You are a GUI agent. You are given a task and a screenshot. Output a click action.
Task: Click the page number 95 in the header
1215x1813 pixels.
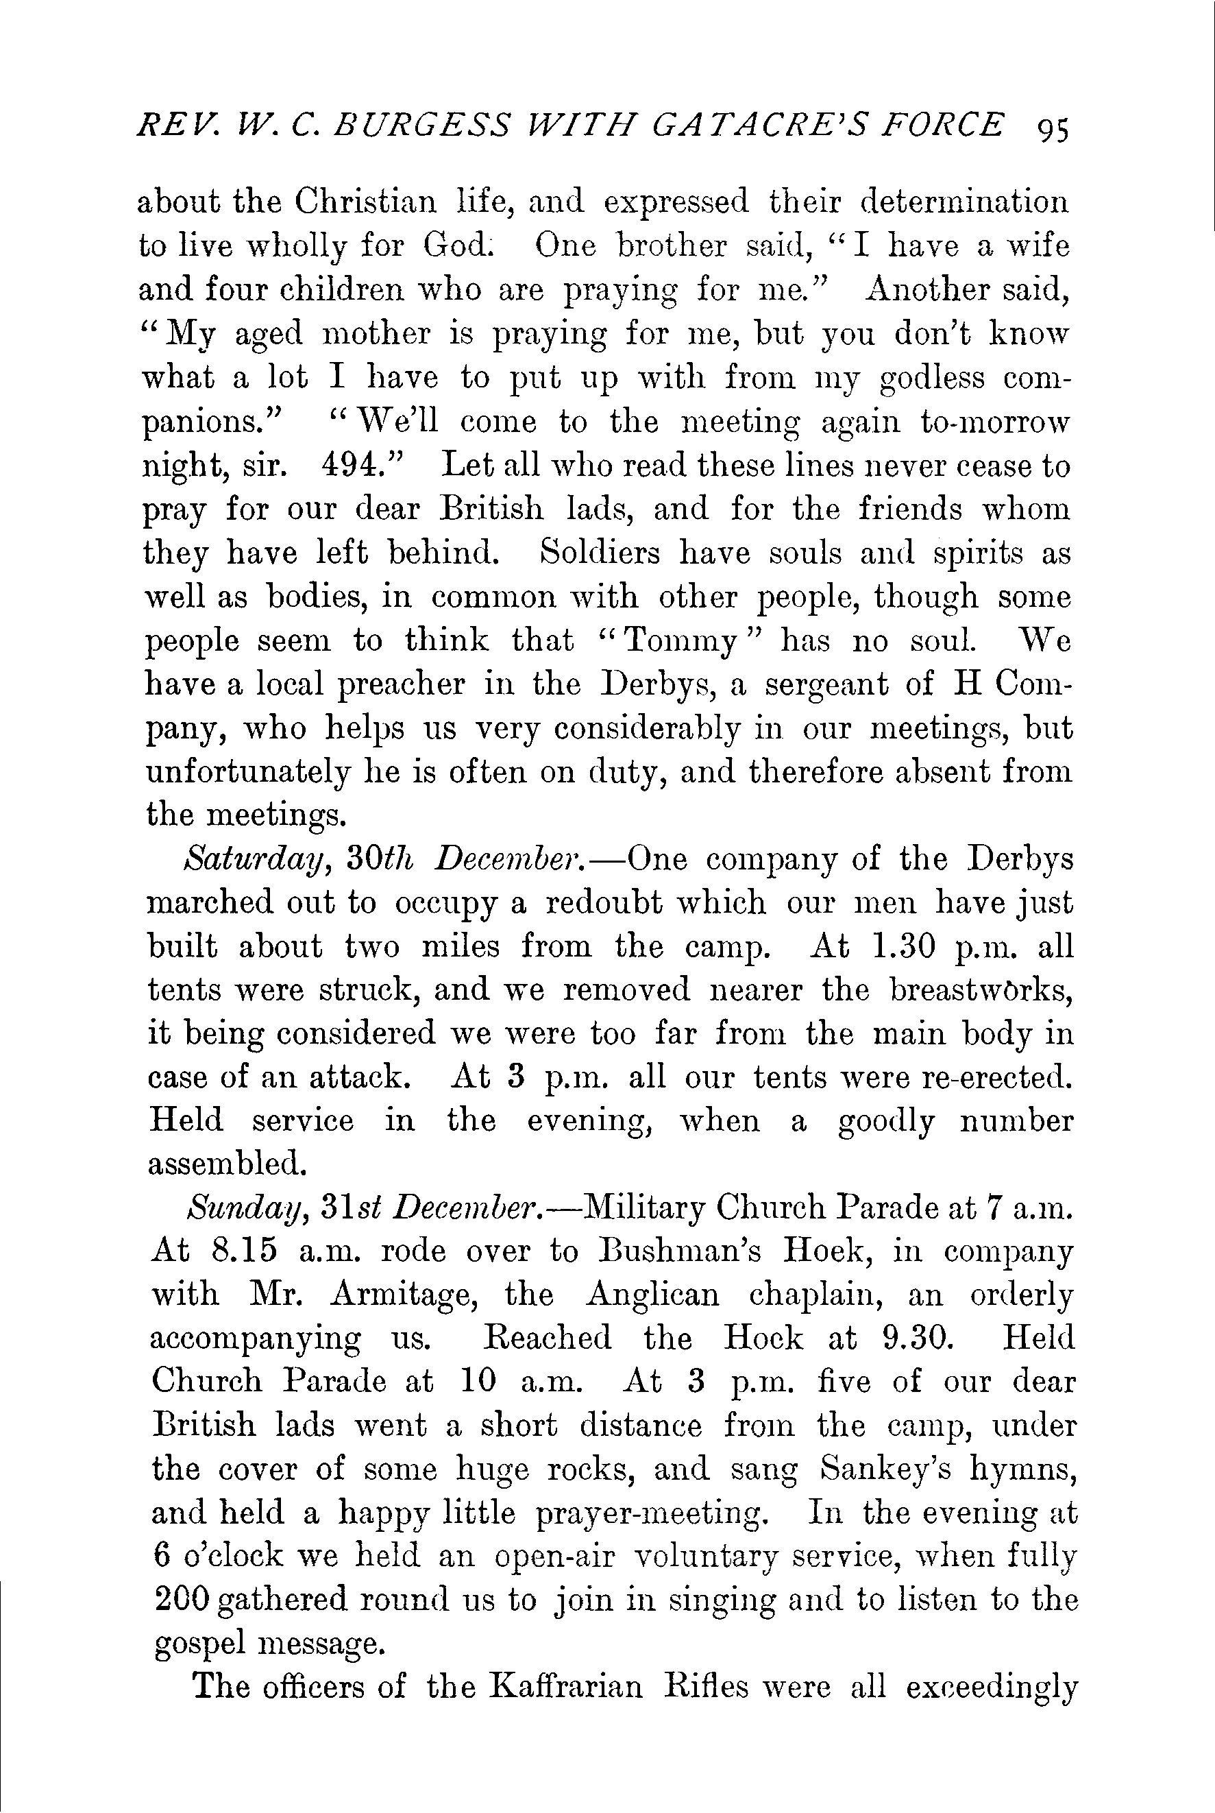point(1051,129)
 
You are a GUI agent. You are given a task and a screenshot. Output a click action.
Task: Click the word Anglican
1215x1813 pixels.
point(652,1296)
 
